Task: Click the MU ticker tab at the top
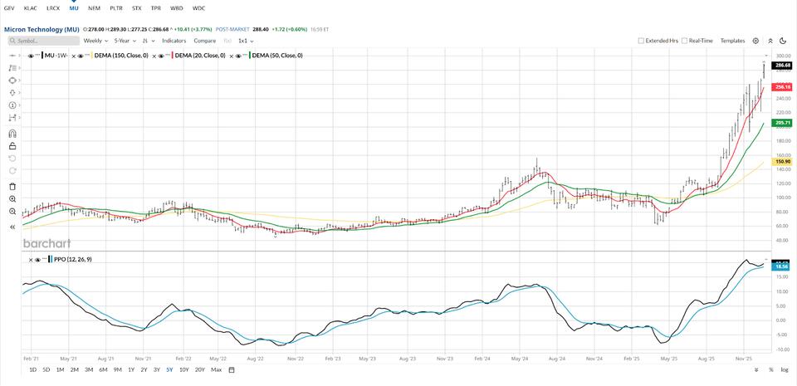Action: (x=74, y=7)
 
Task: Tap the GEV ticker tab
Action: (x=9, y=7)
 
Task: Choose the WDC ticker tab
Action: (x=198, y=7)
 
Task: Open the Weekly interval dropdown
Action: (x=95, y=40)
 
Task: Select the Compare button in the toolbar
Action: (x=204, y=40)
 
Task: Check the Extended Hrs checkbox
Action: (x=641, y=40)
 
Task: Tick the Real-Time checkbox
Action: (x=684, y=40)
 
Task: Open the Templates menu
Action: (x=732, y=40)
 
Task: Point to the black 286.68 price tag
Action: (x=781, y=65)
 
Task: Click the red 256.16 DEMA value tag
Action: (x=781, y=86)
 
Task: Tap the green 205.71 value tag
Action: (x=781, y=123)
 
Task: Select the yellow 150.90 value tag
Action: (x=781, y=162)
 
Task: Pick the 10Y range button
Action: (x=184, y=369)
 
